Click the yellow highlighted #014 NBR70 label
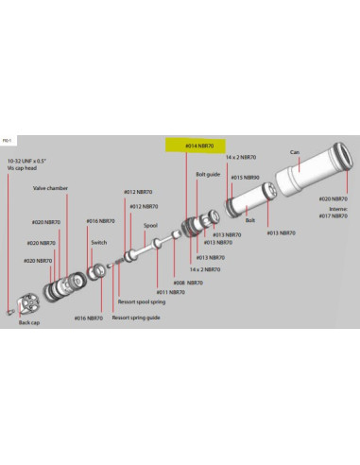198,146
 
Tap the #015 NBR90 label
247,176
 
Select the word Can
294,151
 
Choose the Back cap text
29,323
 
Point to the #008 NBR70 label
187,282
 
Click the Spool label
150,226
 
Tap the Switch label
99,243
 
